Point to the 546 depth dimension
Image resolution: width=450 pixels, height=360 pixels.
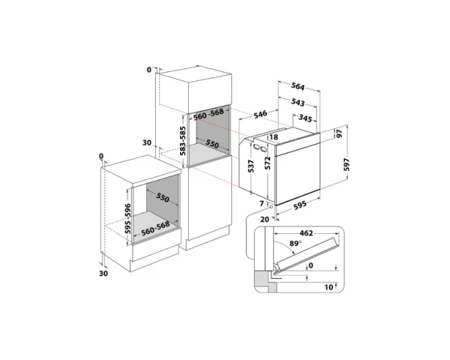tap(260, 114)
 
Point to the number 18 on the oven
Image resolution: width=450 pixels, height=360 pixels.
tap(273, 138)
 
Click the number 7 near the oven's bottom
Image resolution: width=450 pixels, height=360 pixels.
tap(262, 204)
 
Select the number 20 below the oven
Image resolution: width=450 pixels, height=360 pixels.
tap(265, 219)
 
